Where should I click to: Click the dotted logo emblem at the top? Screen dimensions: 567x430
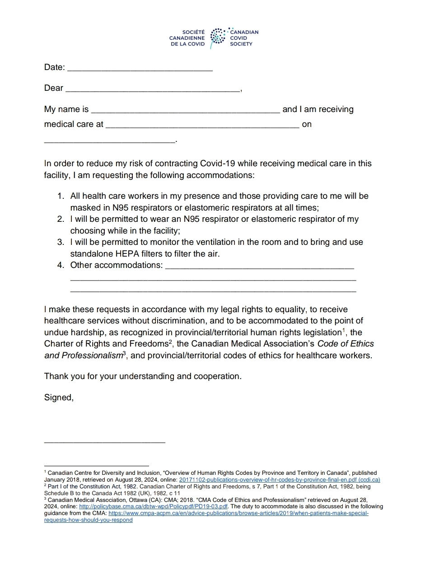click(x=218, y=38)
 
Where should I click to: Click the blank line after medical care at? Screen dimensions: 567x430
click(x=202, y=126)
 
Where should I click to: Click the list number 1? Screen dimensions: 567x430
click(x=61, y=196)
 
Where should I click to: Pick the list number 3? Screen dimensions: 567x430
click(x=61, y=242)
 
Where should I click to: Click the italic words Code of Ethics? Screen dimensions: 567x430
click(x=346, y=344)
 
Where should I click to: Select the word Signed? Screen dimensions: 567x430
click(x=59, y=398)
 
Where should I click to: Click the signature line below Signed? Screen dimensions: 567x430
click(x=104, y=440)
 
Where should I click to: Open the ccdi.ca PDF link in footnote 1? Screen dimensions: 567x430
click(x=280, y=479)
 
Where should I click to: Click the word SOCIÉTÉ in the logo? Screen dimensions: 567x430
click(x=193, y=33)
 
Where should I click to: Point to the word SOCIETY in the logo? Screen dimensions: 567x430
click(x=241, y=44)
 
